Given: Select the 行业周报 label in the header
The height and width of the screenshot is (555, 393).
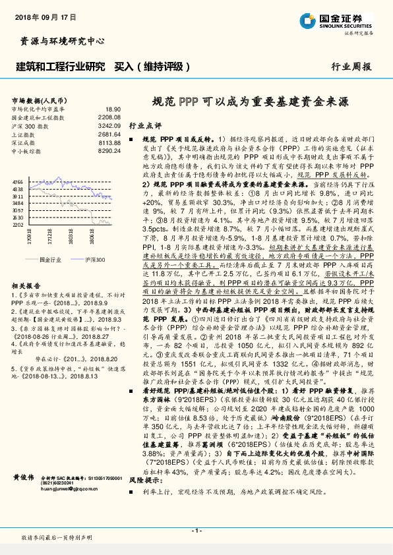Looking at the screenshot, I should pyautogui.click(x=351, y=67).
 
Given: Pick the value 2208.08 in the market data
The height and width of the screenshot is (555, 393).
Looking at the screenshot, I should pyautogui.click(x=109, y=117).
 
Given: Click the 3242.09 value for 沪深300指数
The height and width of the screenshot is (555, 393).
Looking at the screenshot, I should pyautogui.click(x=109, y=125).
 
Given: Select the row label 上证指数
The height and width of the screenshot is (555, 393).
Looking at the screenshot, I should pyautogui.click(x=24, y=133).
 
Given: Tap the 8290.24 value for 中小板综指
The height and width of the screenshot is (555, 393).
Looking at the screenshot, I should pyautogui.click(x=109, y=150).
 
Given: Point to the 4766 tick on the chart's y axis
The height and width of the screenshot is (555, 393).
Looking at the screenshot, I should pyautogui.click(x=18, y=181).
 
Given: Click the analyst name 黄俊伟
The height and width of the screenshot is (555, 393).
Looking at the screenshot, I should pyautogui.click(x=24, y=476).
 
